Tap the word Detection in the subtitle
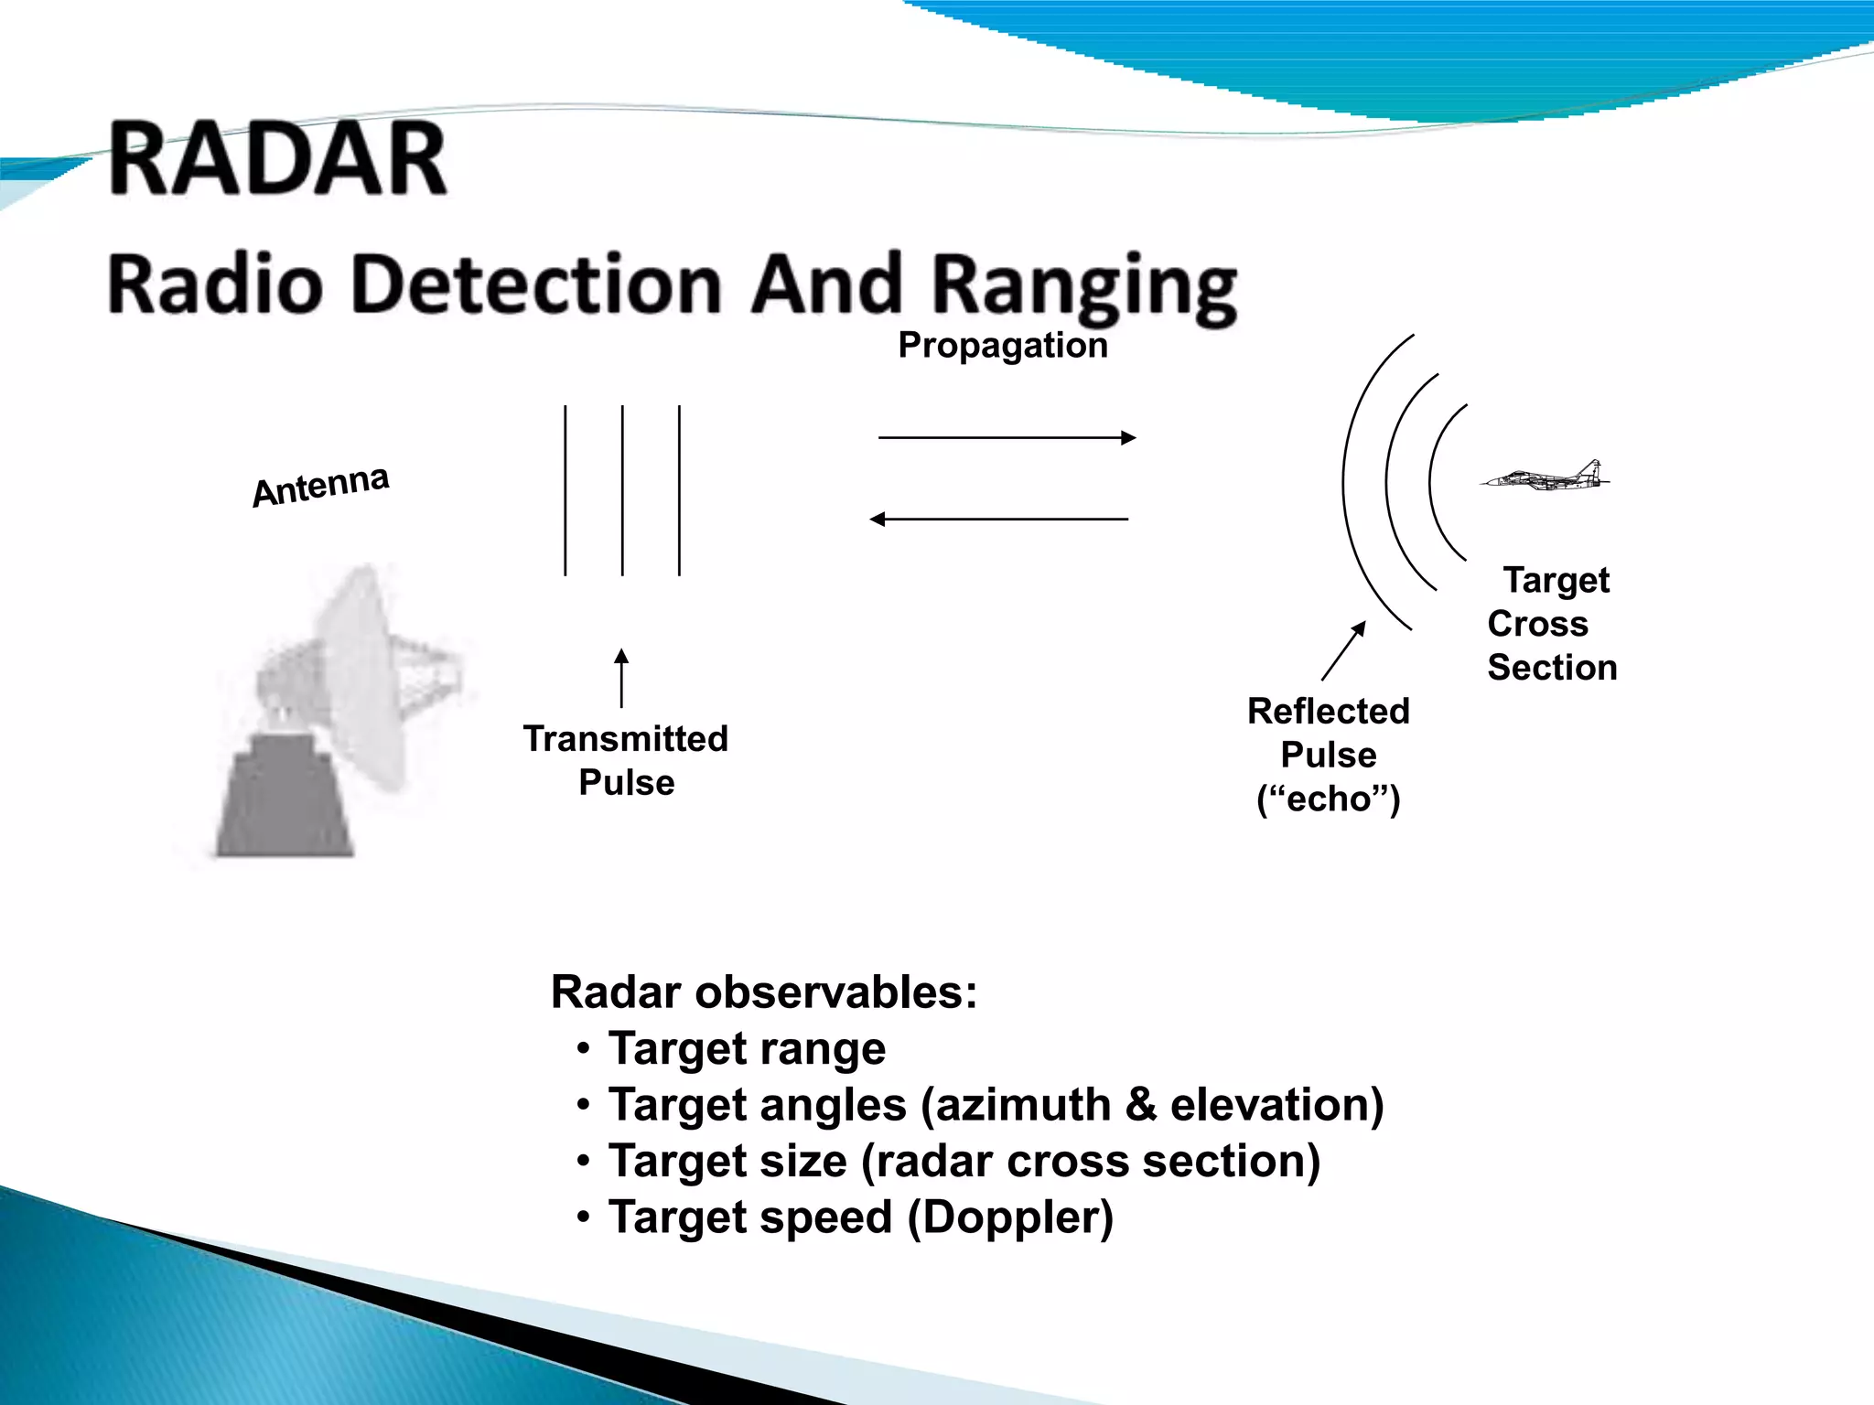coord(536,284)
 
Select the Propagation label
coord(1003,346)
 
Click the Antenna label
coord(321,486)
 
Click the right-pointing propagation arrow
coord(1007,437)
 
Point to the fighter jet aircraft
coord(1546,477)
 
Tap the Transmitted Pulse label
coord(626,760)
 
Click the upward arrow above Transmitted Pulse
coord(621,678)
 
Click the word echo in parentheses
coord(1328,799)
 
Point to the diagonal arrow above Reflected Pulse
coord(1344,650)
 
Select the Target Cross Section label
coord(1552,623)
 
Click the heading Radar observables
coord(764,992)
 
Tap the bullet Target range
coord(747,1048)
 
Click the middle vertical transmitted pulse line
coord(622,490)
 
